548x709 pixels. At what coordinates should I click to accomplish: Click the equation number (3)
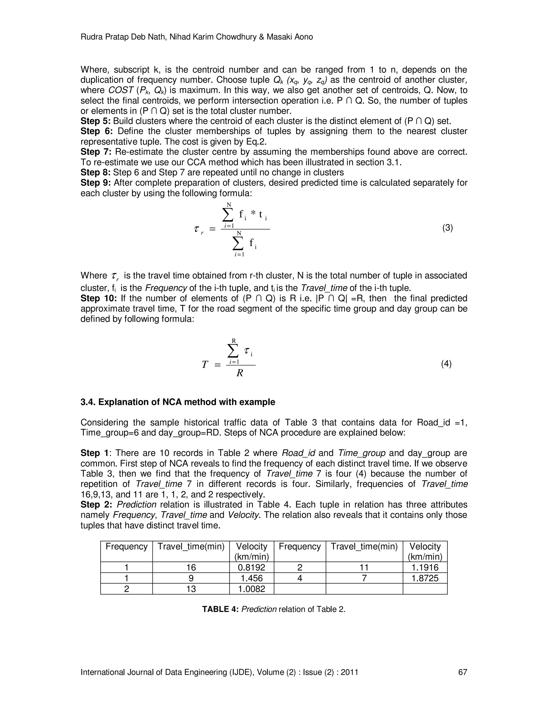tap(447, 228)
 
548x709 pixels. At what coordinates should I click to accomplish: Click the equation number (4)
tap(446, 364)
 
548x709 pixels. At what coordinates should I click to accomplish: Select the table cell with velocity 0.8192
tap(252, 567)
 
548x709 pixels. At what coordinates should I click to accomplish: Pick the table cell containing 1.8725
tap(425, 578)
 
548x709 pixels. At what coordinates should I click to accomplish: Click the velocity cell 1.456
tap(252, 578)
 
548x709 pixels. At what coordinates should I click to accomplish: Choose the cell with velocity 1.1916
tap(425, 567)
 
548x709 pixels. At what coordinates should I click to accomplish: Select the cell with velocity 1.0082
tap(252, 589)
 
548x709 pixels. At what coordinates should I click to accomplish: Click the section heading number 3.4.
tap(88, 402)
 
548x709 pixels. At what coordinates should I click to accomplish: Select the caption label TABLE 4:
tap(220, 609)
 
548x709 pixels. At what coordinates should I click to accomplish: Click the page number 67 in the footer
tap(462, 672)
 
